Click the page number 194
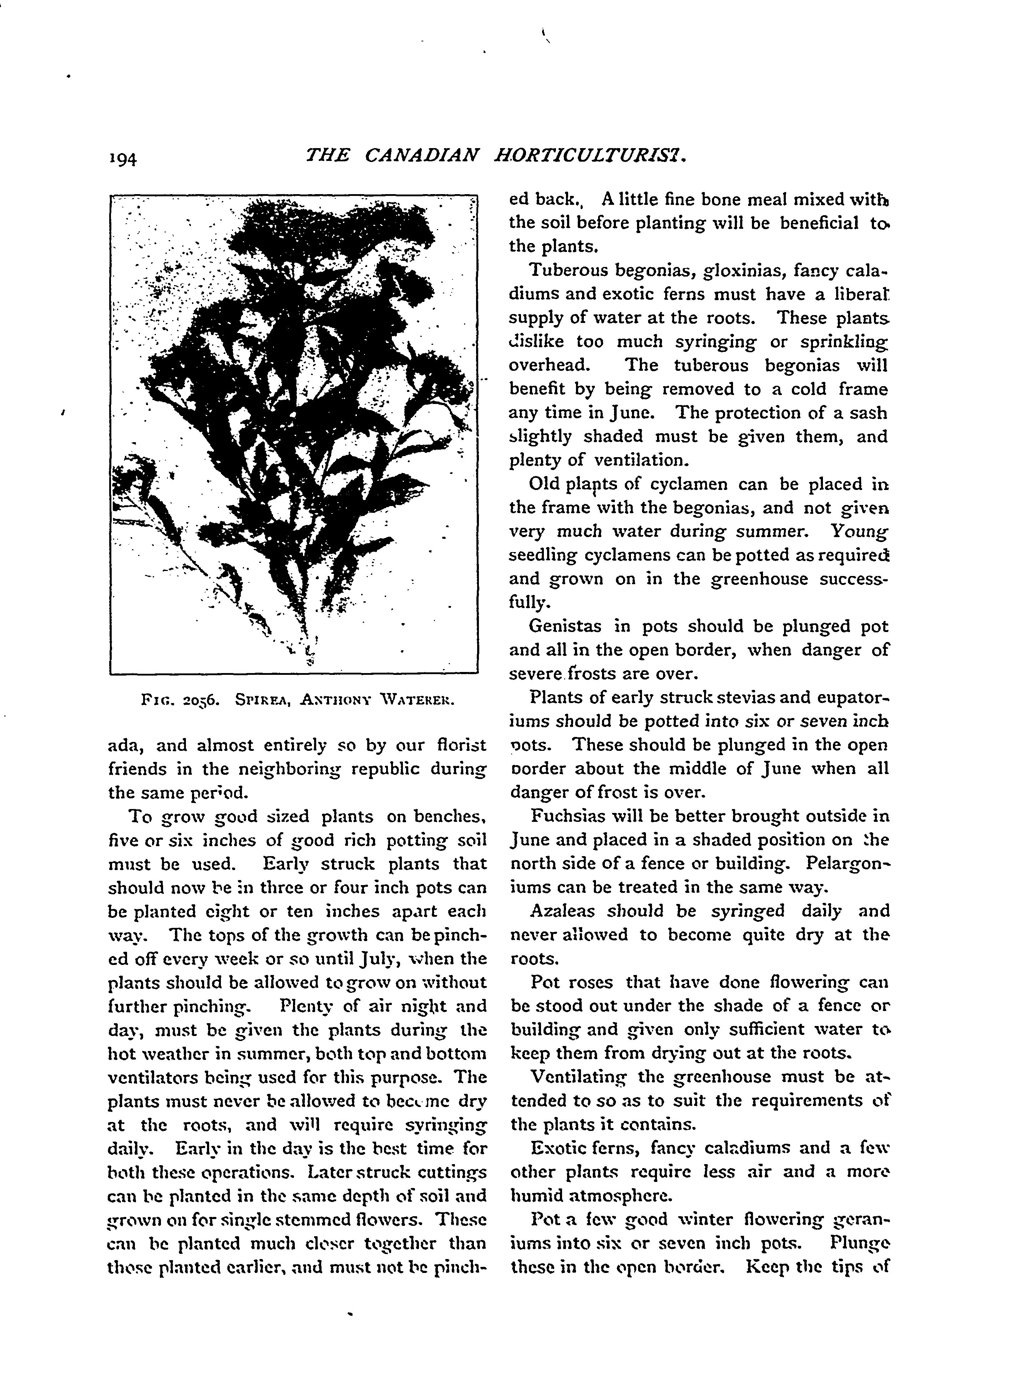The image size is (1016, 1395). [x=123, y=159]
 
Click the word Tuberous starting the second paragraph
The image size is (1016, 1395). [x=568, y=270]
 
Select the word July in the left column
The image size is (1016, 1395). [x=373, y=959]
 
